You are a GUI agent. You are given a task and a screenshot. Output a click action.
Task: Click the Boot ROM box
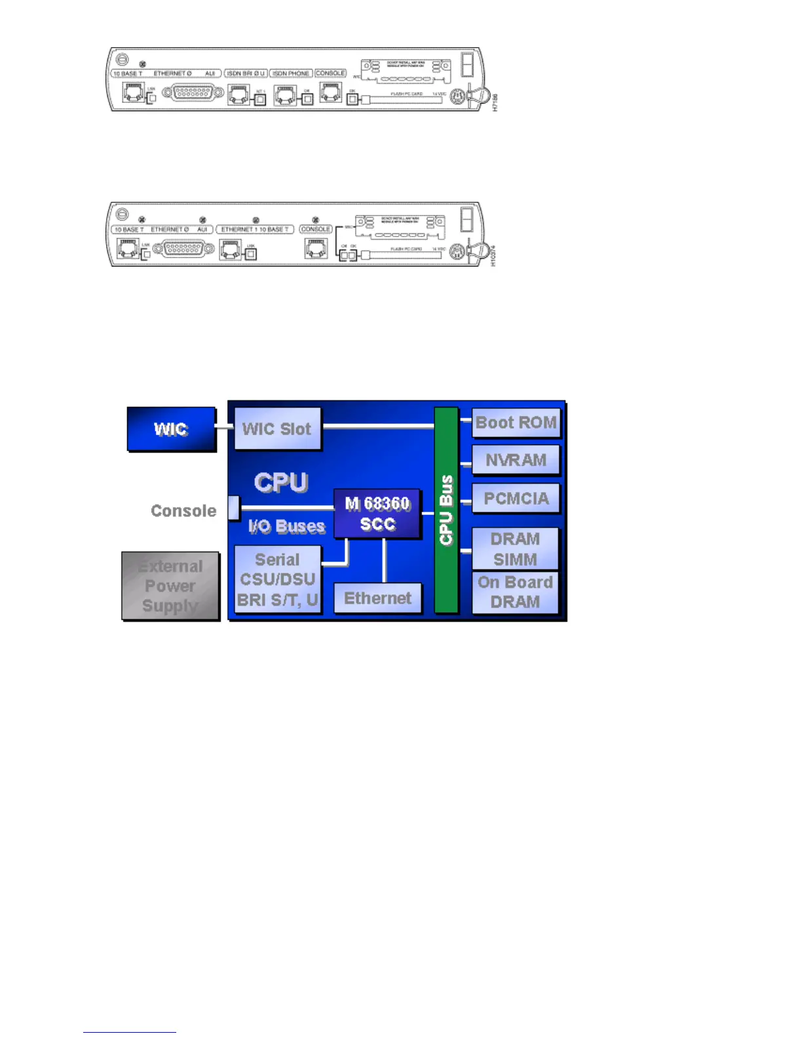pos(516,423)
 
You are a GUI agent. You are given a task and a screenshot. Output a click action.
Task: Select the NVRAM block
pos(516,460)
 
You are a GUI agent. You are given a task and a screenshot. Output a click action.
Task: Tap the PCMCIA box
pos(516,499)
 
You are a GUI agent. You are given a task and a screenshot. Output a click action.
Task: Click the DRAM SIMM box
pos(515,548)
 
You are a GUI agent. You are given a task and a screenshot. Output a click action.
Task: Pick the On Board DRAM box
pos(515,592)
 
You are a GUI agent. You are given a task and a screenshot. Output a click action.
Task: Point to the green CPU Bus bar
pos(446,510)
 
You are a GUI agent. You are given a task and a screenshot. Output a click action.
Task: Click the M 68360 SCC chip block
pos(377,514)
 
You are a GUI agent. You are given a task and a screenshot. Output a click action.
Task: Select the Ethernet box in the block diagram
pos(377,598)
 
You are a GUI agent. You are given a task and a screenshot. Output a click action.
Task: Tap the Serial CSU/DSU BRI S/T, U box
pos(278,579)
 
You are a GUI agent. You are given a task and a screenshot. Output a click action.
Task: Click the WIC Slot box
pos(277,429)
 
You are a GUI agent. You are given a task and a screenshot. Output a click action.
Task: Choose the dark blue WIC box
pos(171,429)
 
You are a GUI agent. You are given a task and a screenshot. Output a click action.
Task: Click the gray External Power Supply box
pos(170,586)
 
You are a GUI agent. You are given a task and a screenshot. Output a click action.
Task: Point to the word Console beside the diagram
pos(183,511)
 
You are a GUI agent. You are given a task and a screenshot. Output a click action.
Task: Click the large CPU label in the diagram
pos(281,482)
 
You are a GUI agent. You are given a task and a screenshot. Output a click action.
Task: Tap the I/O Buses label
pos(286,526)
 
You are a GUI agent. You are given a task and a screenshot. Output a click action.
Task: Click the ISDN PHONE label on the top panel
pos(290,73)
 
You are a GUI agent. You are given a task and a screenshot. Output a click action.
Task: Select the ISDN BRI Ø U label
pos(246,73)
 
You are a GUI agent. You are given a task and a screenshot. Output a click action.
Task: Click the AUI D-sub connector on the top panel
pos(191,94)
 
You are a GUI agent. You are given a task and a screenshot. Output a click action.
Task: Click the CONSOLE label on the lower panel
pos(316,229)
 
